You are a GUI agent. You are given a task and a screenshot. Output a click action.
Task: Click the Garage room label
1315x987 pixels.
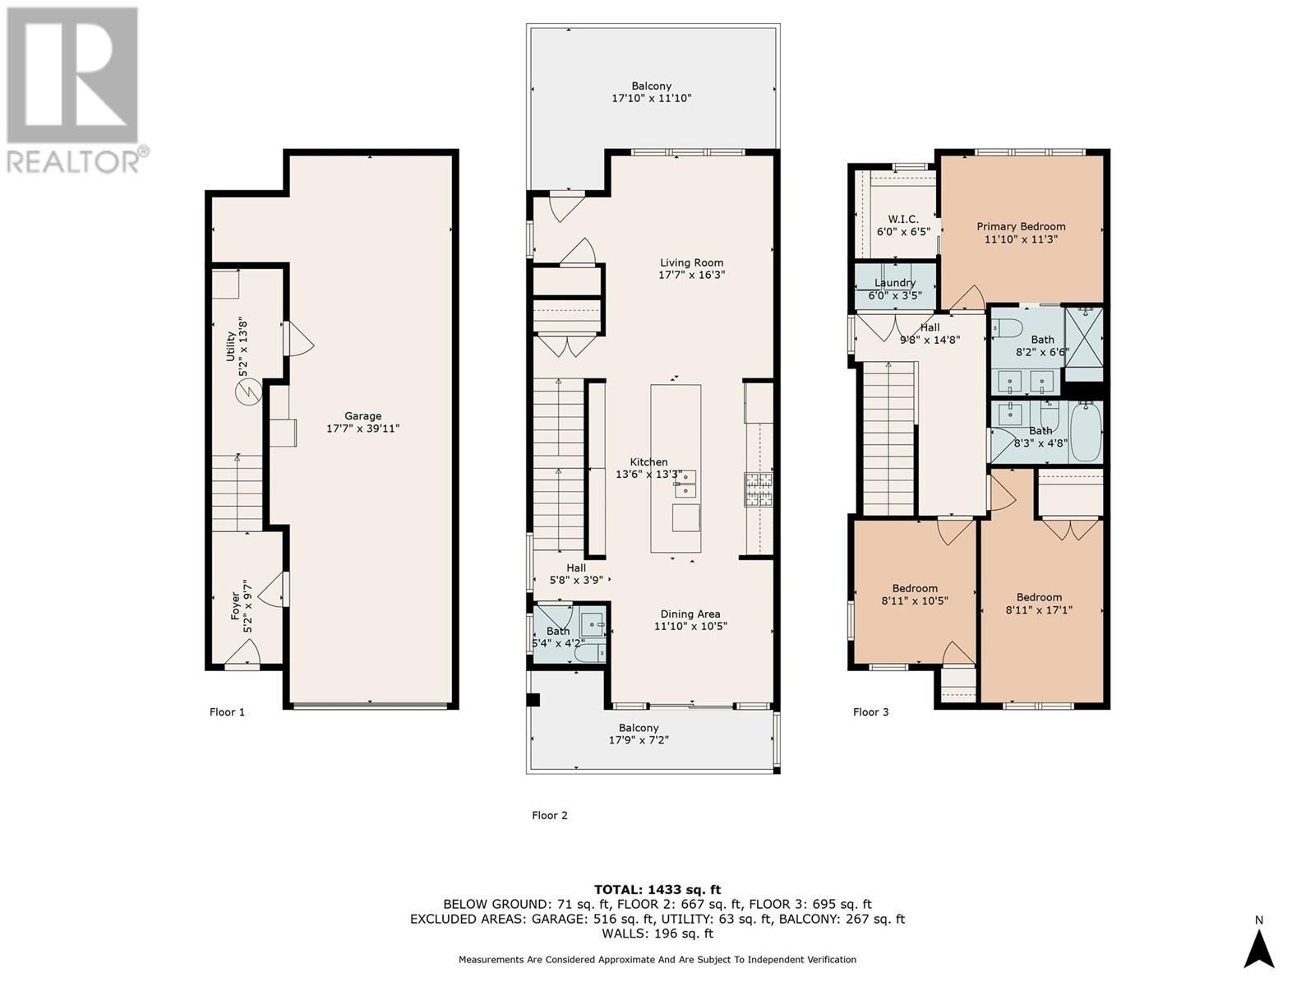[x=362, y=416]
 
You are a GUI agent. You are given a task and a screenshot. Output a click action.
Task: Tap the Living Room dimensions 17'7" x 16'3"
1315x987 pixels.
[x=691, y=276]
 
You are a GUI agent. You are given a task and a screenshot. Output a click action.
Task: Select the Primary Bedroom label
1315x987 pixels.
[x=1021, y=226]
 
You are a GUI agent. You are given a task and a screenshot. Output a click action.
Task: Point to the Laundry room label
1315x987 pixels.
[x=895, y=283]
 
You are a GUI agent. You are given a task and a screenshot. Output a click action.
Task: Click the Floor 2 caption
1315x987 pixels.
[x=550, y=815]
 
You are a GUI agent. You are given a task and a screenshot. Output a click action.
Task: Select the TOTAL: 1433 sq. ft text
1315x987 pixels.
[x=657, y=889]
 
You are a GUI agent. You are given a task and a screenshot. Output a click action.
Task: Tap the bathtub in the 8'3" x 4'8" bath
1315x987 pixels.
[x=1085, y=431]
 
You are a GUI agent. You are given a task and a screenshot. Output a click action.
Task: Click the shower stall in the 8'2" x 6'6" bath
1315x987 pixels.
[x=1084, y=336]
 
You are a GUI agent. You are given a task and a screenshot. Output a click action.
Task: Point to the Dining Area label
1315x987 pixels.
[x=690, y=614]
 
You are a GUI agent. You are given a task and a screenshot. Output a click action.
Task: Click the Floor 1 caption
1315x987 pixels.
[x=227, y=711]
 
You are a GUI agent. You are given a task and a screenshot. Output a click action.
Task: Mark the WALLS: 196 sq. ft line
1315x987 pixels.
[x=657, y=934]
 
